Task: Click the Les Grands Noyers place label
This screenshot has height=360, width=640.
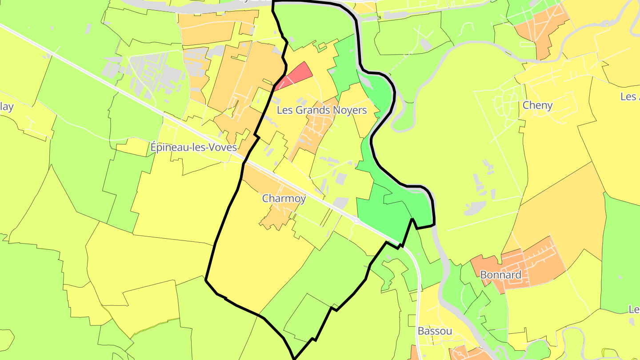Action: tap(322, 110)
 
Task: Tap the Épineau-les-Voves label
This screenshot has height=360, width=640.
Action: tap(193, 147)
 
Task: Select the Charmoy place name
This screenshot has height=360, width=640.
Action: tap(284, 199)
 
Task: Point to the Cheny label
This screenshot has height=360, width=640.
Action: tap(537, 105)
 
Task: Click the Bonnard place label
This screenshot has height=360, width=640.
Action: tap(500, 275)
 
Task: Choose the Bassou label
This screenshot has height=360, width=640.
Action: tap(435, 331)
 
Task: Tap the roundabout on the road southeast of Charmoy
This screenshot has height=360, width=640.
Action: tap(356, 220)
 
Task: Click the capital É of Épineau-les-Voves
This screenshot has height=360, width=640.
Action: tap(154, 147)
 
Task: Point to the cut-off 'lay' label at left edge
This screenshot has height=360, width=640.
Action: tap(7, 107)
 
